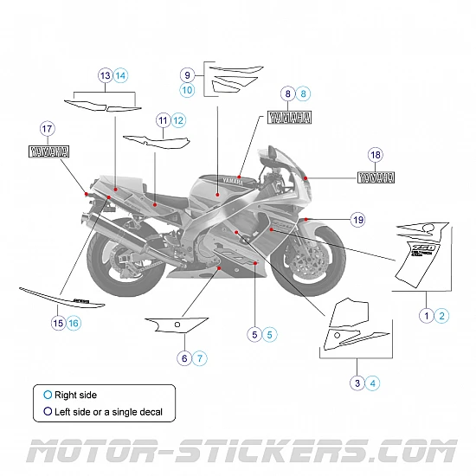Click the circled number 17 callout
47,129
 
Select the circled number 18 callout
375,155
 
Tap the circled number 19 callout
357,220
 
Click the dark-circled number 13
106,75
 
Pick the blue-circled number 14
120,75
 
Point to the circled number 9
187,74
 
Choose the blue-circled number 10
187,89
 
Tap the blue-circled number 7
200,357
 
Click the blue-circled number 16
74,323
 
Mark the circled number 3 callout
357,383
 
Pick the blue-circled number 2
442,316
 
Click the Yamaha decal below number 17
50,151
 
